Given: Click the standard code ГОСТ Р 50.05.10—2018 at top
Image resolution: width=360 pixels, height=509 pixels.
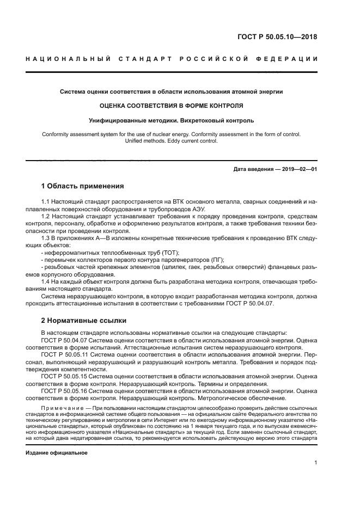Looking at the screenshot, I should [277, 38].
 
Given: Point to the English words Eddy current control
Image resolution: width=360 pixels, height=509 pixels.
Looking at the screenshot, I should [193, 141].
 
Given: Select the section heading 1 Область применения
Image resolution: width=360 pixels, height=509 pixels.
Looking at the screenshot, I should [82, 186].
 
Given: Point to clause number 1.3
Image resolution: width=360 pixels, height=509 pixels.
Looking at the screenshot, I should [46, 238].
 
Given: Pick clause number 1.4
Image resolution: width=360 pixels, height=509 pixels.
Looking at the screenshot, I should [46, 281].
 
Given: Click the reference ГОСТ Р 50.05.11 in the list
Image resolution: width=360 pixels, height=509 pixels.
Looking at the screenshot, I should [63, 354].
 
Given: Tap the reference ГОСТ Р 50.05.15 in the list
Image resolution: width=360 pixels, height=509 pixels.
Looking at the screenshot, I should [63, 376].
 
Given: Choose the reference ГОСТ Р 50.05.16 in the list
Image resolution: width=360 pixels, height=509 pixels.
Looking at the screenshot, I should [63, 390].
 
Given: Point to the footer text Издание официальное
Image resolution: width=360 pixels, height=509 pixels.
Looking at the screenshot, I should [57, 452].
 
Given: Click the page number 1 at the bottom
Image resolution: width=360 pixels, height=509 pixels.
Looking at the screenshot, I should [315, 463].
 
